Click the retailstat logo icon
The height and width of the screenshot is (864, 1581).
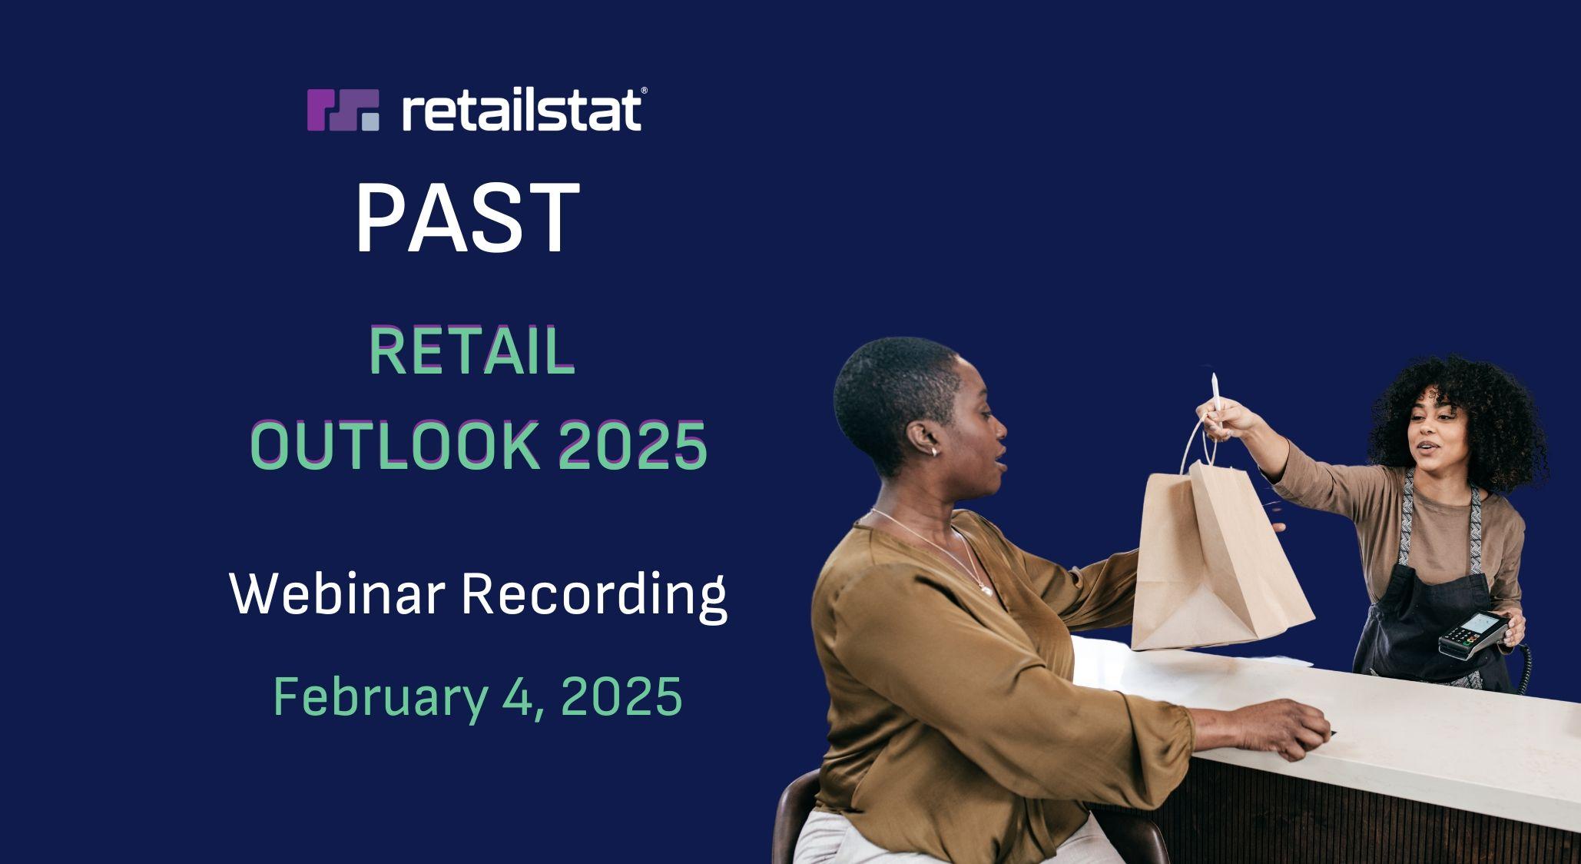[343, 110]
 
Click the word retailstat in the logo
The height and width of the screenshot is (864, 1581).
[522, 110]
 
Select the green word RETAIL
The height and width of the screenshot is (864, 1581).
[472, 351]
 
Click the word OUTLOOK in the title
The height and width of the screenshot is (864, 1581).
[394, 445]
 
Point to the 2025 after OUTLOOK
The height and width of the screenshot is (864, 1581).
[631, 445]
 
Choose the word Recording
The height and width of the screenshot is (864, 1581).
[594, 596]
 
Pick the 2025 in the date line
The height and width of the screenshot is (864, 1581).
[621, 696]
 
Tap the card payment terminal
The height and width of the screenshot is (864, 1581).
[1470, 634]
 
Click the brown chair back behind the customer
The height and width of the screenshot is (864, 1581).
[791, 816]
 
